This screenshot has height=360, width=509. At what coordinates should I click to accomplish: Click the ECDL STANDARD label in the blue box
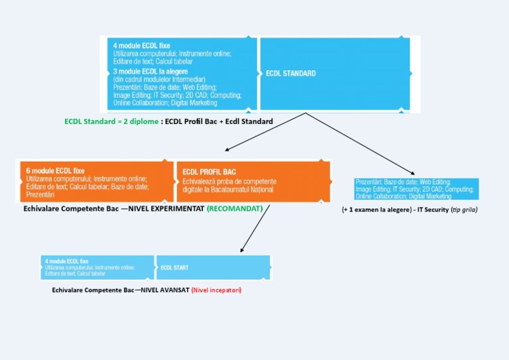tap(291, 74)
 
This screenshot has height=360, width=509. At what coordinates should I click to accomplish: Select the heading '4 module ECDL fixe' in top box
tap(141, 46)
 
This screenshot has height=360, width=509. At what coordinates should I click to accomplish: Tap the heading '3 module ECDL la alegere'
tap(150, 71)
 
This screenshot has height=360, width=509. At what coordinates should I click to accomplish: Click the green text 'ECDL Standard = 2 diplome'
tap(111, 122)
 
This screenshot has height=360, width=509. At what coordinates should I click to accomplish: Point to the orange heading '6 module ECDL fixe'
tap(55, 170)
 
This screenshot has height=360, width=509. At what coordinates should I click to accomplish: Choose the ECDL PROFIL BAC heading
tap(209, 172)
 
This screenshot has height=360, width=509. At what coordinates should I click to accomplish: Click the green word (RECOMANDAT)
tap(234, 208)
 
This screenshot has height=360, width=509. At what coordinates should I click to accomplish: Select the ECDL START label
tap(174, 268)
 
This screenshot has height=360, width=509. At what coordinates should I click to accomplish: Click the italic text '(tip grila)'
tap(463, 210)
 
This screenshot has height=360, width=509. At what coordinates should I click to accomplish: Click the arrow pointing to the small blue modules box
tap(371, 146)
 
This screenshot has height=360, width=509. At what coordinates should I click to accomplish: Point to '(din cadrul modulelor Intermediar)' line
tap(154, 79)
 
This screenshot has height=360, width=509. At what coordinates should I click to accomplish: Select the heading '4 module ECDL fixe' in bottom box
tap(66, 261)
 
